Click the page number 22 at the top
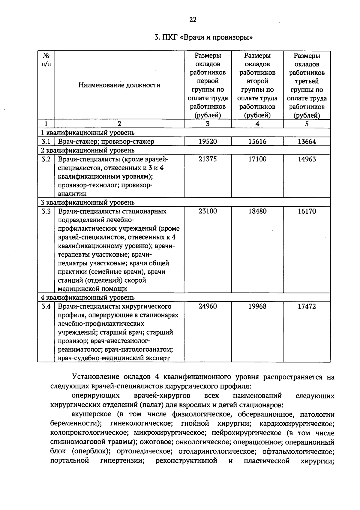click(x=193, y=20)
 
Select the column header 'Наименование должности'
click(x=119, y=85)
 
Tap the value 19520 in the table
click(x=208, y=142)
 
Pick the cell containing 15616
click(x=257, y=142)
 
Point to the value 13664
click(x=307, y=142)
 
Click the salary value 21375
click(x=208, y=159)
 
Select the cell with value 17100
click(x=257, y=159)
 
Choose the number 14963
click(x=307, y=159)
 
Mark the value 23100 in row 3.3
click(x=208, y=211)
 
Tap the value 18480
click(x=257, y=211)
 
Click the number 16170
click(x=307, y=211)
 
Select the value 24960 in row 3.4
click(x=208, y=306)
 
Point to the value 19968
click(x=257, y=306)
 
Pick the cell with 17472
click(x=307, y=306)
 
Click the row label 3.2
click(x=46, y=159)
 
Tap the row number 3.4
click(x=46, y=306)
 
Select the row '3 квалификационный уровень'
click(x=88, y=202)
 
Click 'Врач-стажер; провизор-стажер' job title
click(x=106, y=142)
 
